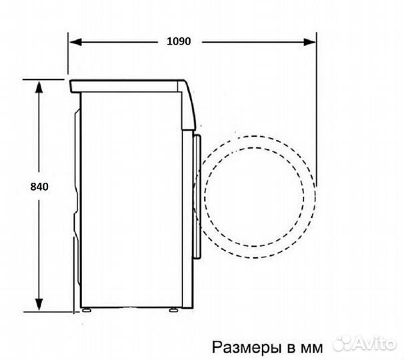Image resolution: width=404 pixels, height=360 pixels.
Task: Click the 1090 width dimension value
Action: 179,41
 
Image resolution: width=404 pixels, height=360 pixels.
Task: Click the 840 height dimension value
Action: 40,187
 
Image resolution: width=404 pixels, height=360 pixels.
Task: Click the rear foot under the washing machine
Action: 87,309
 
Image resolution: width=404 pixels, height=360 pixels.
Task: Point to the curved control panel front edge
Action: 192,107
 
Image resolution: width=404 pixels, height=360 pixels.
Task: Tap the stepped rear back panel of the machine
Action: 76,200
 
